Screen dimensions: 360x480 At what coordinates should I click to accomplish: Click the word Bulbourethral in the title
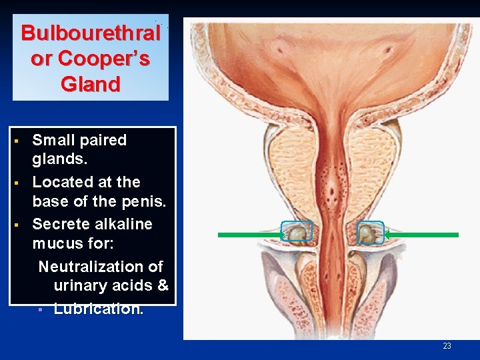[x=91, y=33]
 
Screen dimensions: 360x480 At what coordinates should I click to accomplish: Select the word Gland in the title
[x=91, y=85]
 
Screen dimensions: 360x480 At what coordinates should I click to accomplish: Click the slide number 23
[x=447, y=345]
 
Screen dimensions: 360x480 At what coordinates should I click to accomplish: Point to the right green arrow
[x=421, y=235]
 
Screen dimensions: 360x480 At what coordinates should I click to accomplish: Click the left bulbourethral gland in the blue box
[x=297, y=232]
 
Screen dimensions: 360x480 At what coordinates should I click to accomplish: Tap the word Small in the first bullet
[x=55, y=140]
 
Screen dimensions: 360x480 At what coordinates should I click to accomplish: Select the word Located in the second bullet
[x=61, y=182]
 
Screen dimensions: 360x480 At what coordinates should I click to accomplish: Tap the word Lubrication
[x=98, y=309]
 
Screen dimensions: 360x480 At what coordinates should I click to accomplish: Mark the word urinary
[x=81, y=286]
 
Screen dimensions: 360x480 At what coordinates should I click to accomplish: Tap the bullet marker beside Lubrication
[x=41, y=310]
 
